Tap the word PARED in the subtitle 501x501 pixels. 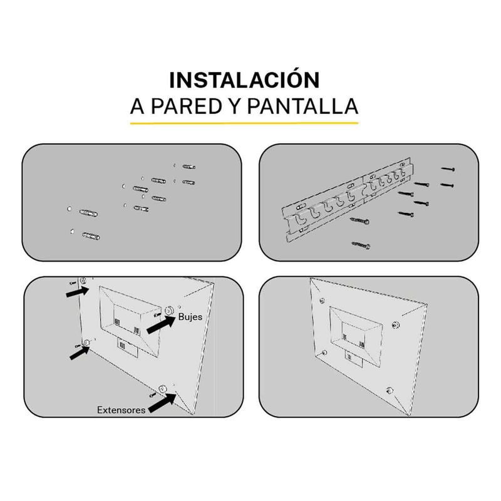186,106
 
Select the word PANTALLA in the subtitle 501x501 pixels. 302,106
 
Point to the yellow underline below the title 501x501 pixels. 244,123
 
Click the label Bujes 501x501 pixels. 190,317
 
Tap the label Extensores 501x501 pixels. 121,410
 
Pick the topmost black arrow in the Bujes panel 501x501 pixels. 77,291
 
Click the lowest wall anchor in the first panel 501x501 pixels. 91,236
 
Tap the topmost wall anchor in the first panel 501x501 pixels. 189,167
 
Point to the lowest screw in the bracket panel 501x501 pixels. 361,245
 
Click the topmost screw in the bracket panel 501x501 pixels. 448,168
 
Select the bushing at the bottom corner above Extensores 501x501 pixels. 163,389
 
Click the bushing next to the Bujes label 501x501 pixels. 168,310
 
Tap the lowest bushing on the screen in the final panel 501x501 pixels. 390,390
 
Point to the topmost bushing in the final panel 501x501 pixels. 322,301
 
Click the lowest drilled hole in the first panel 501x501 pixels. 72,231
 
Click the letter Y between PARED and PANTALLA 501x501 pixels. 235,106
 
